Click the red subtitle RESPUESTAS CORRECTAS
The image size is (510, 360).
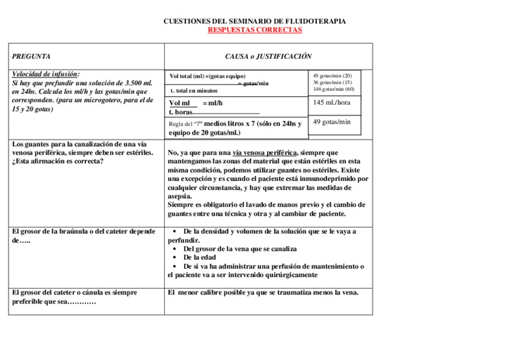[x=254, y=29]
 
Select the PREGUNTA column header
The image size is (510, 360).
[x=31, y=56]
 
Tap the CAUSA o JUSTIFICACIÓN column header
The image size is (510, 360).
[x=268, y=56]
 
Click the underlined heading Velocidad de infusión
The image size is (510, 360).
[x=46, y=74]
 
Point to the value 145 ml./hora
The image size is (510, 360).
[x=331, y=102]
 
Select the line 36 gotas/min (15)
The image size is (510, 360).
[x=332, y=82]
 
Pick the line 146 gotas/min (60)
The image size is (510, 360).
[x=333, y=89]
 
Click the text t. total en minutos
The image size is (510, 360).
[x=194, y=91]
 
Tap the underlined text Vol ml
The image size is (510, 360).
[x=179, y=103]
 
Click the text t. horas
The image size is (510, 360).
[x=180, y=112]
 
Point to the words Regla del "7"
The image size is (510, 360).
[x=186, y=124]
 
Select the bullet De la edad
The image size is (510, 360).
[x=200, y=257]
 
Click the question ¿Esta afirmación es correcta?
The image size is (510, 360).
[x=57, y=161]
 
